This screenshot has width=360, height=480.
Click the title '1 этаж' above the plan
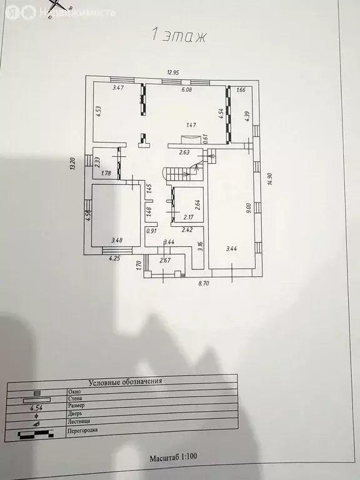179,36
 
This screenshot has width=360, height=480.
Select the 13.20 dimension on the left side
73,164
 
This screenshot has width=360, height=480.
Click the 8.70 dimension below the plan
204,284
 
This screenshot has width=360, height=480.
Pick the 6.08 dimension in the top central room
187,89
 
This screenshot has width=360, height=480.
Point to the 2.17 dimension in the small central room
189,217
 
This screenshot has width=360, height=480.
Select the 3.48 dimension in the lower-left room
116,239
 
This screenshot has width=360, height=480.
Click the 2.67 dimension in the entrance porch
165,260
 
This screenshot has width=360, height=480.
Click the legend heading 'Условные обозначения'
125,381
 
